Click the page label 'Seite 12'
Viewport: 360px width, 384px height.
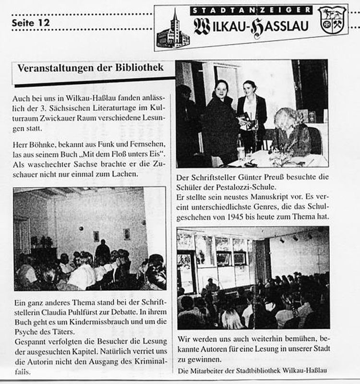tap(30, 22)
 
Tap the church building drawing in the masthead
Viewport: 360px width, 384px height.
tap(173, 31)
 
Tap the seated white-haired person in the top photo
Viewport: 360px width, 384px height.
tap(290, 132)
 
